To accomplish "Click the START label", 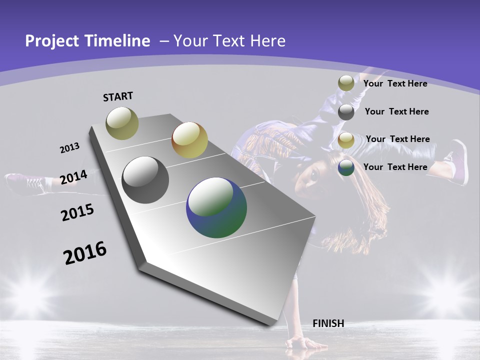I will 118,96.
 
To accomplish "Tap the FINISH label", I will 328,323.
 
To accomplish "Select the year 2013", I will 69,148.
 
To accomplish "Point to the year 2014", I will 73,177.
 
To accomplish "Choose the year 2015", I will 77,212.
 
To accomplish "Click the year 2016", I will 85,253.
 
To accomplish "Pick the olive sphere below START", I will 122,123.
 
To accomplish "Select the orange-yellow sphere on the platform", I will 189,140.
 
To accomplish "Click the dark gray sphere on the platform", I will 145,180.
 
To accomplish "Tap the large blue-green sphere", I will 216,207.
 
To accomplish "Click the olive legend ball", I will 346,83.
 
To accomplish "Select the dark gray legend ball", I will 346,112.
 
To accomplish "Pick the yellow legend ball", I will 346,140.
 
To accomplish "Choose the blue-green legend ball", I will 346,167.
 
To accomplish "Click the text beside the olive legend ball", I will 395,83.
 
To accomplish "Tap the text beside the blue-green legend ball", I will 395,167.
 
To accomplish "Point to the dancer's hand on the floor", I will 300,343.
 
